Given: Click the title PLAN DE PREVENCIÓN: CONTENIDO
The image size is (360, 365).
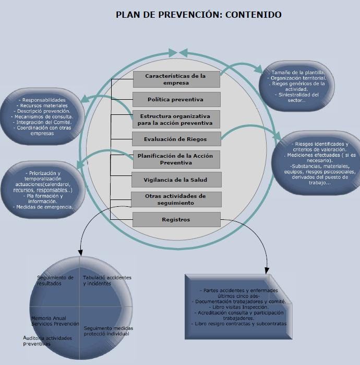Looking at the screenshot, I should click(x=198, y=15).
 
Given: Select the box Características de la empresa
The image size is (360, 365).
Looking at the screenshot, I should click(x=176, y=79).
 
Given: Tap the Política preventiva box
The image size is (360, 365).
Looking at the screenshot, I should click(x=176, y=99).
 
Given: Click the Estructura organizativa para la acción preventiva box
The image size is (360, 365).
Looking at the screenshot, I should click(x=176, y=120).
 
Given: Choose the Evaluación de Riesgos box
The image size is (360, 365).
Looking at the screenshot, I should click(x=176, y=139).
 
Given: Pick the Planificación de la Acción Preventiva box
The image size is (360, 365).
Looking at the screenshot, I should click(x=176, y=159).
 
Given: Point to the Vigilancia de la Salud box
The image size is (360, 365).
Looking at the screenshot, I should click(x=176, y=180).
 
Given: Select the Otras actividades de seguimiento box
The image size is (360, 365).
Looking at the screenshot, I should click(x=176, y=199).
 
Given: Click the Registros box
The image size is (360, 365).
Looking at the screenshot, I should click(x=176, y=219).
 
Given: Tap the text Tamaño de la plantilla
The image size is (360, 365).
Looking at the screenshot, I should click(x=297, y=72).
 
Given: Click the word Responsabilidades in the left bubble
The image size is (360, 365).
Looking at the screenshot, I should click(x=42, y=100).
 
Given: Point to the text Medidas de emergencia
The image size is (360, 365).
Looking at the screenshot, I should click(x=43, y=207).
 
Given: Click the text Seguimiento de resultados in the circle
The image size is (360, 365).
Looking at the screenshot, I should click(x=55, y=280).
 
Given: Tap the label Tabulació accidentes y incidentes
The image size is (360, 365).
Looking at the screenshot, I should click(x=107, y=280).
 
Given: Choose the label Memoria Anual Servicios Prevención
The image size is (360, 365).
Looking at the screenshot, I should click(x=55, y=321).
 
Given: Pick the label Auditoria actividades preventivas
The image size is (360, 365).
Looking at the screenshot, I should click(x=47, y=341).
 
